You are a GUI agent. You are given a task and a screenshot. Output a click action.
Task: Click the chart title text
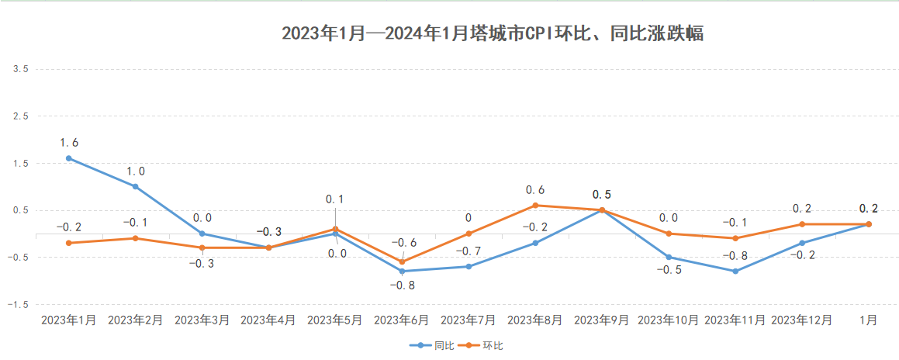coord(493,34)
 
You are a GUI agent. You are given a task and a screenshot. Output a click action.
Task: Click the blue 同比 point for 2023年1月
coord(69,158)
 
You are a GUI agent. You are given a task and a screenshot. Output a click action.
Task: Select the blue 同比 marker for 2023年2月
coord(135,186)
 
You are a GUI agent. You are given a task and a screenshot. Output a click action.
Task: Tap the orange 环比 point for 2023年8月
coord(535,206)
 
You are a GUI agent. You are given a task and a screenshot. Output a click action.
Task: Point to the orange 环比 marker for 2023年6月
coord(402,261)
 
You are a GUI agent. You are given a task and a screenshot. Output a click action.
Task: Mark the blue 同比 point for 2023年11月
coord(735,271)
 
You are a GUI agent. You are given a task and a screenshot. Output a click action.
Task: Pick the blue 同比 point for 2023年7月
coord(469,266)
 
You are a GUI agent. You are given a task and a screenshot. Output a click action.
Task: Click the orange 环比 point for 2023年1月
coord(69,243)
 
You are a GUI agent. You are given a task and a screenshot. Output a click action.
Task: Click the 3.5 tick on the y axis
coord(21,69)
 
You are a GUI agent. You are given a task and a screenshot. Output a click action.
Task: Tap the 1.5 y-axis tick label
coord(21,163)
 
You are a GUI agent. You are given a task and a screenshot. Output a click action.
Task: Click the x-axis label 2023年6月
coord(402,320)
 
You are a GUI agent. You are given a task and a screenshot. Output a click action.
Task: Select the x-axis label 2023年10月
coord(669,320)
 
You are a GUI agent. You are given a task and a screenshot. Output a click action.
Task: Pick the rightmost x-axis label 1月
coord(869,320)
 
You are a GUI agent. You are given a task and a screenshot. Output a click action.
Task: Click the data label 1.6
coord(69,143)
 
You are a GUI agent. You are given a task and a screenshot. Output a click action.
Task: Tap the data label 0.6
coord(535,189)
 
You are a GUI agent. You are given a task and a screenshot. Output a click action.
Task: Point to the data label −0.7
coord(469,251)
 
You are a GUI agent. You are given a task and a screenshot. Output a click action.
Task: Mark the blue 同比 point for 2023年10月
coord(669,257)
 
